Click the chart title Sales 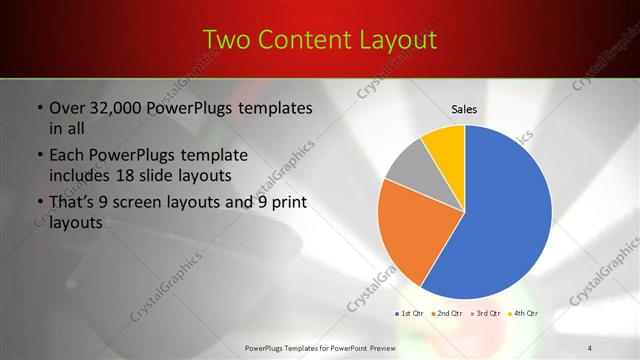[464, 109]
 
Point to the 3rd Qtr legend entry [487, 313]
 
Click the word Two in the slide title [230, 40]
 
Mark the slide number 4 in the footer [589, 346]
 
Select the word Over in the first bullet [68, 108]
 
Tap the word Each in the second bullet [67, 156]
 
